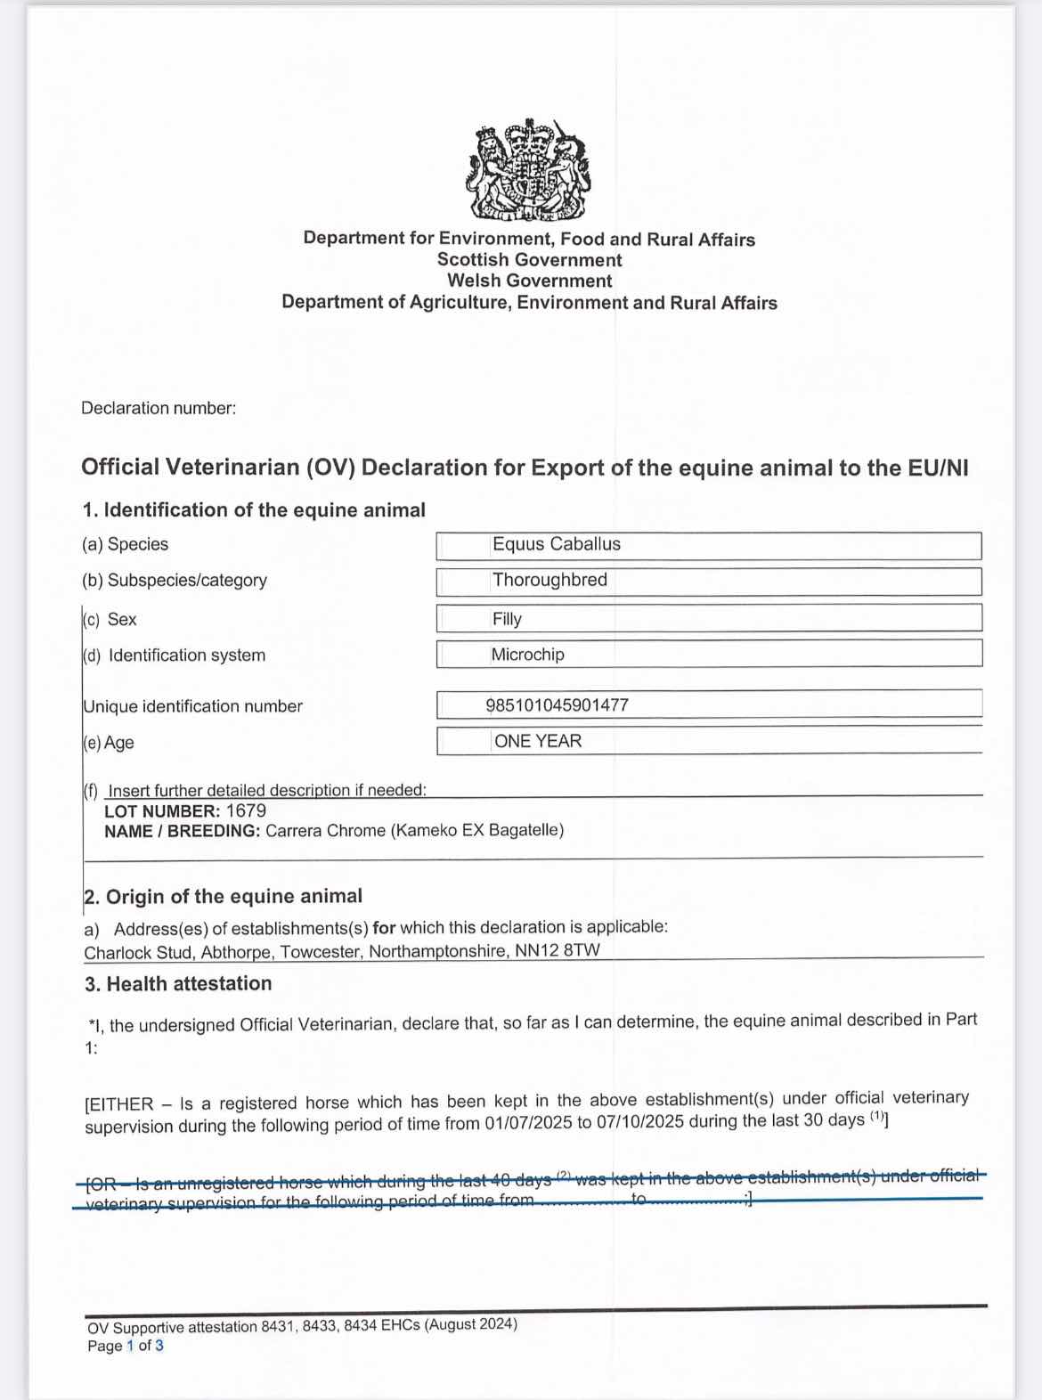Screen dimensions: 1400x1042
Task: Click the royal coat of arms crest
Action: click(x=528, y=170)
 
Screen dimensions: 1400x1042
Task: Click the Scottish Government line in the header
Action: click(x=529, y=260)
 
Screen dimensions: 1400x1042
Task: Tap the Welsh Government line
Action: click(x=529, y=281)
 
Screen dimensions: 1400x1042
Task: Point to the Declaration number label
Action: click(x=159, y=409)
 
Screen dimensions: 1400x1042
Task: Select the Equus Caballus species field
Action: click(x=557, y=544)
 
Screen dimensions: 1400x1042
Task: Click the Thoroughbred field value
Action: click(x=549, y=580)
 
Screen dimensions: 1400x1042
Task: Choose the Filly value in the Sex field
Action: click(x=507, y=619)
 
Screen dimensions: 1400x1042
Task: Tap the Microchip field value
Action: click(x=527, y=655)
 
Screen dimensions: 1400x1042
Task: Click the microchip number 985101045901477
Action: click(x=558, y=705)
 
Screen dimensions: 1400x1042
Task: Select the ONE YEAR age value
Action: click(x=537, y=741)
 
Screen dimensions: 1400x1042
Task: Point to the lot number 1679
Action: click(x=246, y=810)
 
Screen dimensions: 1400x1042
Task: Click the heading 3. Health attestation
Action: click(x=178, y=984)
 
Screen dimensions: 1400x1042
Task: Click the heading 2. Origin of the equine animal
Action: click(x=223, y=897)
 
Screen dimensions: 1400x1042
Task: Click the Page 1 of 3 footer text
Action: click(x=126, y=1346)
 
